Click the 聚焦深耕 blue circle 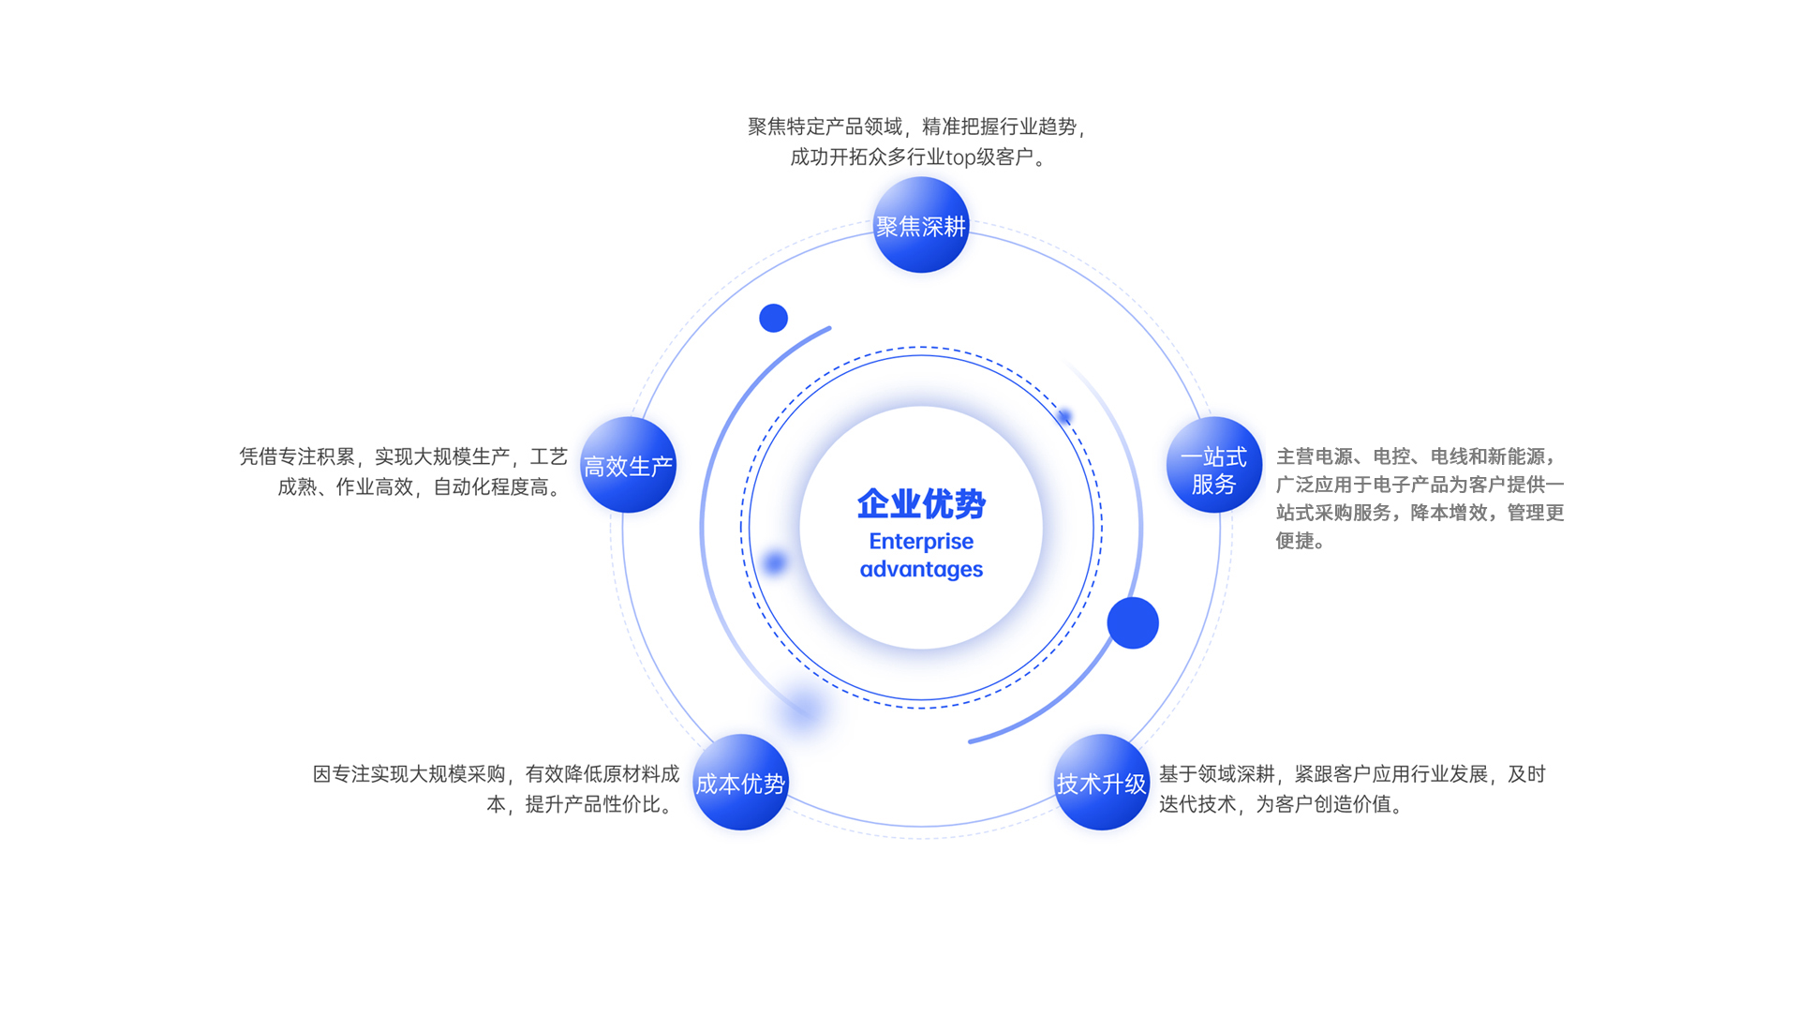click(920, 225)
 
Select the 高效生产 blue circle click(628, 465)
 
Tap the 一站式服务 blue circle click(1213, 465)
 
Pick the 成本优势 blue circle click(740, 783)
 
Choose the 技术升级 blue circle click(1101, 783)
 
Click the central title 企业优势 click(921, 504)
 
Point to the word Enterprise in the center click(921, 542)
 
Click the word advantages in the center click(921, 569)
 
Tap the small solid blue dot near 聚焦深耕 click(773, 318)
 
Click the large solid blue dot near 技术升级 click(1133, 622)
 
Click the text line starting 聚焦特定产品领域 click(917, 127)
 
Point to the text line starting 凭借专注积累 click(403, 456)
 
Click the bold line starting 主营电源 click(1417, 456)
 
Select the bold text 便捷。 click(1301, 541)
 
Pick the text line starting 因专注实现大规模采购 click(496, 773)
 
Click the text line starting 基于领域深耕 click(1352, 773)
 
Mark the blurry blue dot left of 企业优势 click(775, 562)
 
